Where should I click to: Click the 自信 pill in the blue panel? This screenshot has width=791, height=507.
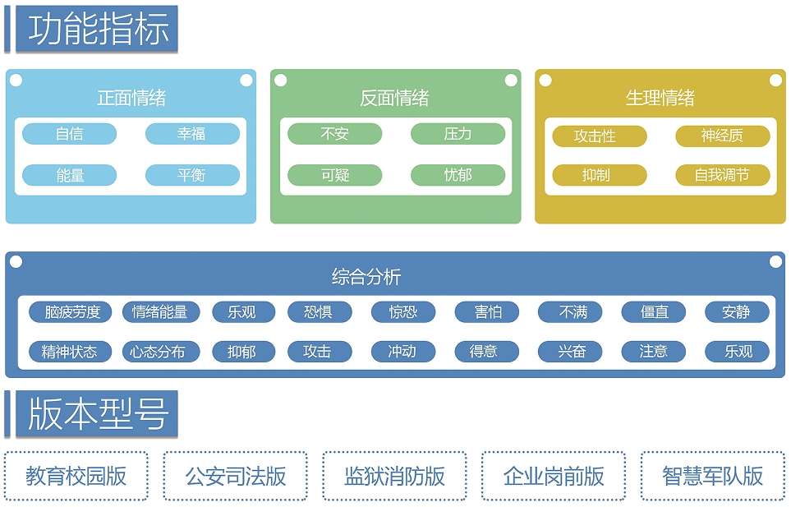[x=70, y=134]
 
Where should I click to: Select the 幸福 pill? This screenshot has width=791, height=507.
[x=192, y=134]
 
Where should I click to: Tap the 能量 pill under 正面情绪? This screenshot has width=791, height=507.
[x=70, y=175]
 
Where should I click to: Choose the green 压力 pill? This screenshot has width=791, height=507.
[x=458, y=134]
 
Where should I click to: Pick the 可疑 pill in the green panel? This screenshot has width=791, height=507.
[x=335, y=175]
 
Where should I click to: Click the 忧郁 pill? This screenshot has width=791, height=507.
[x=458, y=175]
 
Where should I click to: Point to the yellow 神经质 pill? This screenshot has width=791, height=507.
[x=722, y=136]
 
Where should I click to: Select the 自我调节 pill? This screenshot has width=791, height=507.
[x=722, y=175]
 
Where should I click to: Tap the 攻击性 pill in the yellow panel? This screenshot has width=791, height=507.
[x=600, y=136]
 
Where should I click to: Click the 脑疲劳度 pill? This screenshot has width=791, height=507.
[x=70, y=311]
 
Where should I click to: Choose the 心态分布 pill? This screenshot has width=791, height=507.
[x=161, y=351]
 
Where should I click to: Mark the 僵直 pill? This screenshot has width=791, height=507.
[x=653, y=311]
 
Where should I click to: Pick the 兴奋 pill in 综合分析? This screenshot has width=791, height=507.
[x=570, y=351]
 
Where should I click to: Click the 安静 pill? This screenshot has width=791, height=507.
[x=737, y=311]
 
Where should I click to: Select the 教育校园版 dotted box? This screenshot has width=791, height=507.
[x=76, y=476]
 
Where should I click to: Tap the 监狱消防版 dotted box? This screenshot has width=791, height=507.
[x=394, y=476]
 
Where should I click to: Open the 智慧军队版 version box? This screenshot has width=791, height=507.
[x=713, y=476]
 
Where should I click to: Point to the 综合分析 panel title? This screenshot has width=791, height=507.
[x=366, y=276]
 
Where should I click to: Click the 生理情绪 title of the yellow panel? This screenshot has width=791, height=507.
[x=660, y=97]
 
